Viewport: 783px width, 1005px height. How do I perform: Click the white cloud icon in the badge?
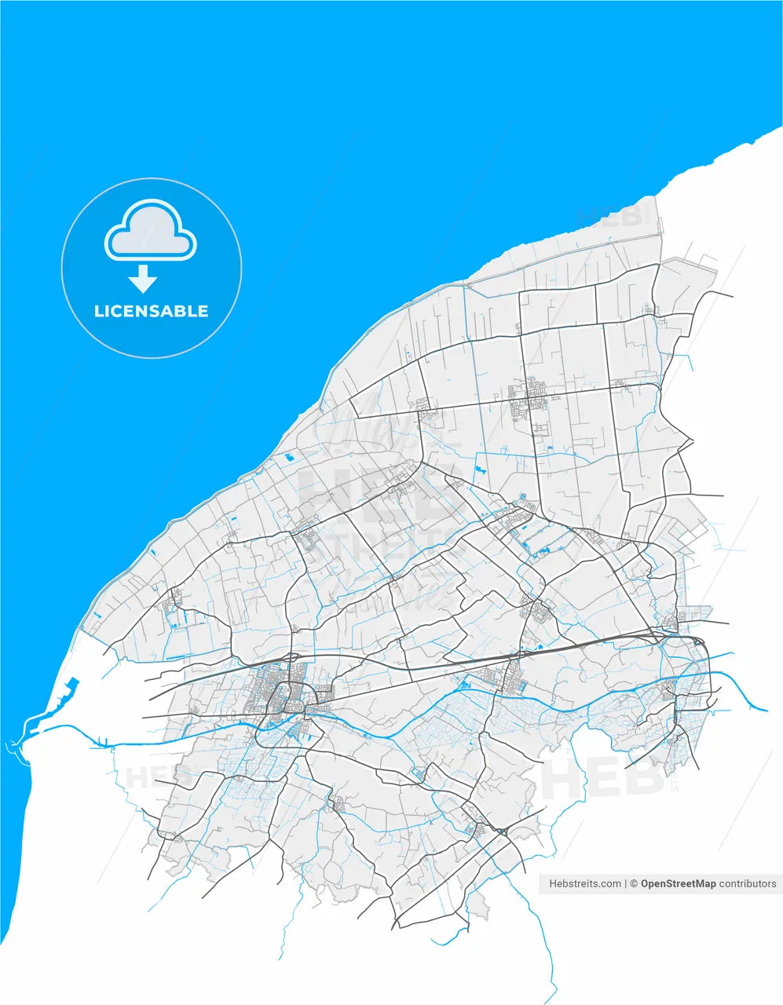[151, 229]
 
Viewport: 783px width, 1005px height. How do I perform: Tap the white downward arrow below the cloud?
[142, 279]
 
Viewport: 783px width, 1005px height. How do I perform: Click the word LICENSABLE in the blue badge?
[151, 311]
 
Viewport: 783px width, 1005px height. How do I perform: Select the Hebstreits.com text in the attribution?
[584, 883]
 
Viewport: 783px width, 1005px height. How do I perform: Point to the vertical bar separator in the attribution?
[625, 883]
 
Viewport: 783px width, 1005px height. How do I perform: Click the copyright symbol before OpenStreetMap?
[634, 883]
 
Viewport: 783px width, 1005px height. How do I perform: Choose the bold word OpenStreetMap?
[678, 883]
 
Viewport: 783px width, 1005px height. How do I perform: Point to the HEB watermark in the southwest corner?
[149, 777]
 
